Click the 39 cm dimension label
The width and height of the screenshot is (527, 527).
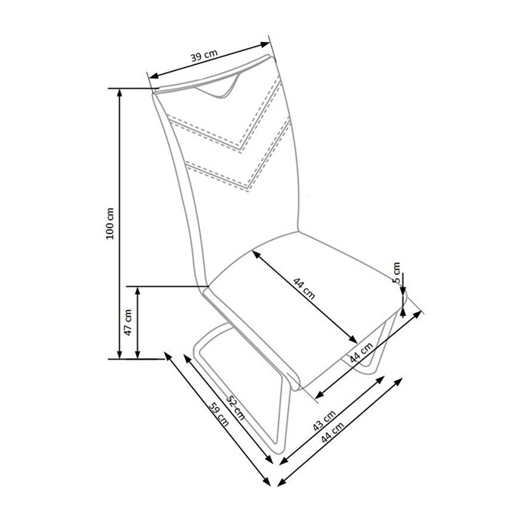point(204,56)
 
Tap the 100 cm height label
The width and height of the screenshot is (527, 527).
point(110,223)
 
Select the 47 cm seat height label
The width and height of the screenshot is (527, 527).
point(128,322)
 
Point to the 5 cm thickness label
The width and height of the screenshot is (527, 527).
point(396,273)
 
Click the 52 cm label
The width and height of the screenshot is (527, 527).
point(235,407)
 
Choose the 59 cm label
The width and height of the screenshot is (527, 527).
point(218,414)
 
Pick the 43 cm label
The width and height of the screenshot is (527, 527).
point(324,420)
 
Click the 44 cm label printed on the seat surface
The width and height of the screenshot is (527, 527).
point(304,289)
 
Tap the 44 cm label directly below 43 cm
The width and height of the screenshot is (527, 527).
point(332,432)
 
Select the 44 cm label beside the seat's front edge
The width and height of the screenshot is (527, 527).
point(361,353)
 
